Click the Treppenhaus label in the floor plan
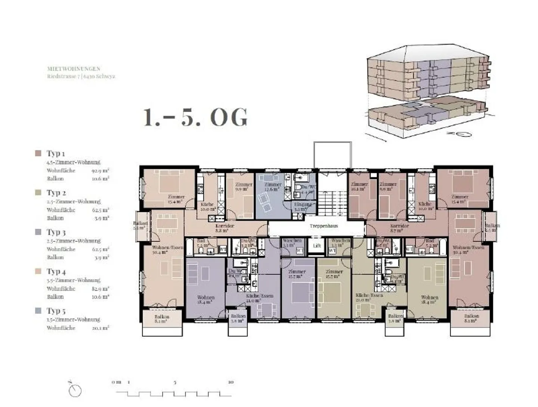[x=324, y=226]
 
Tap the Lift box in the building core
[x=317, y=246]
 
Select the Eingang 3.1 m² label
[x=302, y=207]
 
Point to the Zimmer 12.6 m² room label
[x=273, y=187]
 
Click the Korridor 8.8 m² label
[x=225, y=228]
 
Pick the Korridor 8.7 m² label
[x=399, y=228]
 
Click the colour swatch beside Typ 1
[x=38, y=153]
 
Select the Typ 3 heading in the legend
[x=56, y=232]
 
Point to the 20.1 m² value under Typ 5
[x=101, y=328]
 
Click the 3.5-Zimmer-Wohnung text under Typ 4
[x=74, y=280]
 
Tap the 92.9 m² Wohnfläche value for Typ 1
[x=101, y=170]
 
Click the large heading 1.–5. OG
[x=195, y=117]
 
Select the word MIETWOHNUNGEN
[x=74, y=69]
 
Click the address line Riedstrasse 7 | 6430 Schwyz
[x=81, y=76]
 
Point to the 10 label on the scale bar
[x=231, y=382]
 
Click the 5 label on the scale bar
[x=174, y=382]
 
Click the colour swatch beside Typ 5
[x=38, y=311]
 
